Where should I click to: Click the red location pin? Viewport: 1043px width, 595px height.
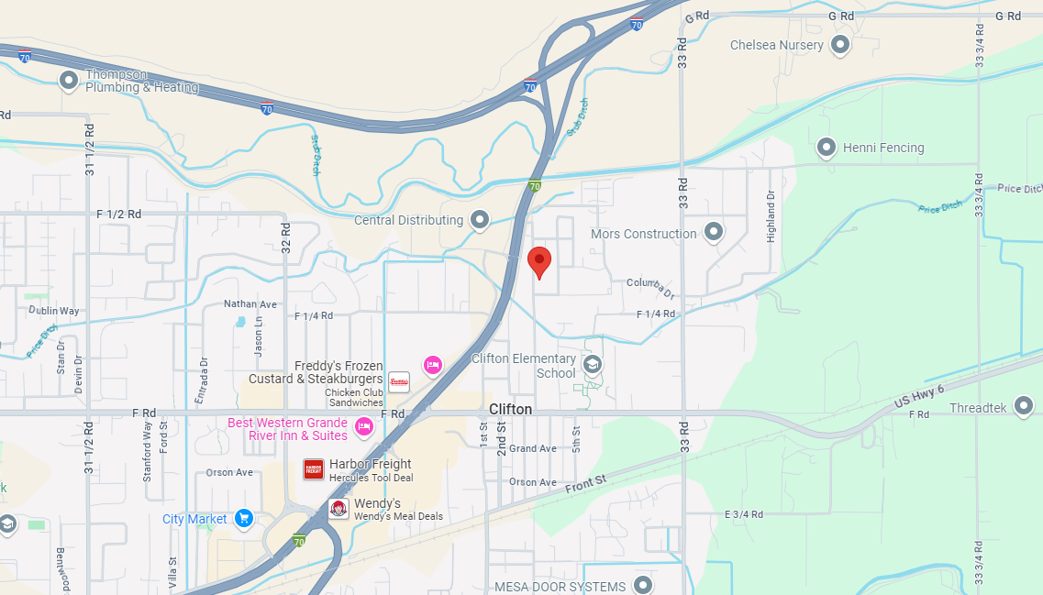point(539,260)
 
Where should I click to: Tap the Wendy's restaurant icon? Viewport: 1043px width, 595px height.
point(338,510)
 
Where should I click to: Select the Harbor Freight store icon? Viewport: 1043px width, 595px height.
point(314,469)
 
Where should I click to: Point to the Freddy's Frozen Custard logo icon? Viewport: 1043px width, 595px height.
point(399,381)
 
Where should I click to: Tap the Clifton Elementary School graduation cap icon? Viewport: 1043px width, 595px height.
point(593,365)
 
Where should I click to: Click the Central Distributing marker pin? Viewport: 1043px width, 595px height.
point(479,219)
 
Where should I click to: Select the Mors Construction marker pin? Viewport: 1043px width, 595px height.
point(713,233)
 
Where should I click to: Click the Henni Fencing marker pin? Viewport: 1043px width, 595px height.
point(827,147)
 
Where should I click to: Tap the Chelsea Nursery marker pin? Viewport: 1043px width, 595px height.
point(839,44)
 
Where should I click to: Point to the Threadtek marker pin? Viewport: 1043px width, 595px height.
point(1024,406)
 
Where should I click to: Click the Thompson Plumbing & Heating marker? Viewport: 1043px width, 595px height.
point(69,81)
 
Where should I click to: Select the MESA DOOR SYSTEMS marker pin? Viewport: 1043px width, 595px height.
point(644,585)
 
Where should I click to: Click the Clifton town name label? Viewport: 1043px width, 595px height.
point(510,409)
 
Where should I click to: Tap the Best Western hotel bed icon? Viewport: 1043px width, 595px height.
point(364,426)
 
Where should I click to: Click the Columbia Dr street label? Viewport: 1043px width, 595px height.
point(650,288)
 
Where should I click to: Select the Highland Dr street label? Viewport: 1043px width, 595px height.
point(771,216)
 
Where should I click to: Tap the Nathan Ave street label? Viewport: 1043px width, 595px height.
point(250,303)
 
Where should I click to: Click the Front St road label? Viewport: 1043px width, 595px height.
point(587,482)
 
